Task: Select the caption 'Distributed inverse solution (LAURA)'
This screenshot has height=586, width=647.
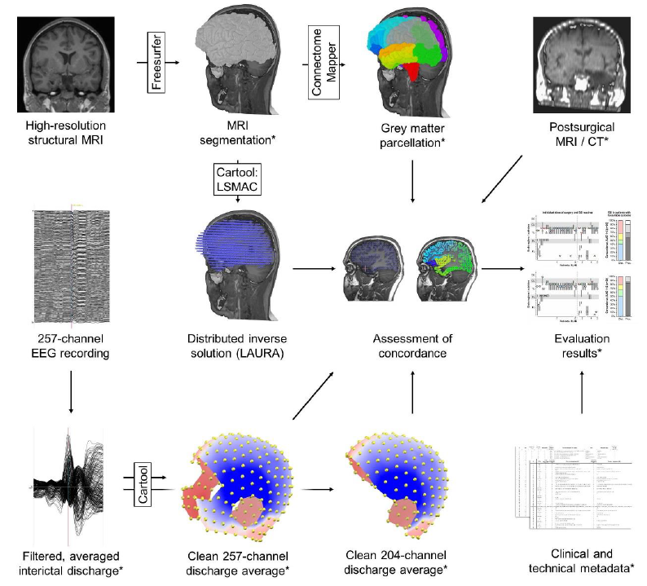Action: (236, 345)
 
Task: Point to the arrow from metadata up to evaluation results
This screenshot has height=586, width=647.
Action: (581, 394)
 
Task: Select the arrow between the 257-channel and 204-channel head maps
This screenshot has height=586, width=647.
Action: (321, 490)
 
